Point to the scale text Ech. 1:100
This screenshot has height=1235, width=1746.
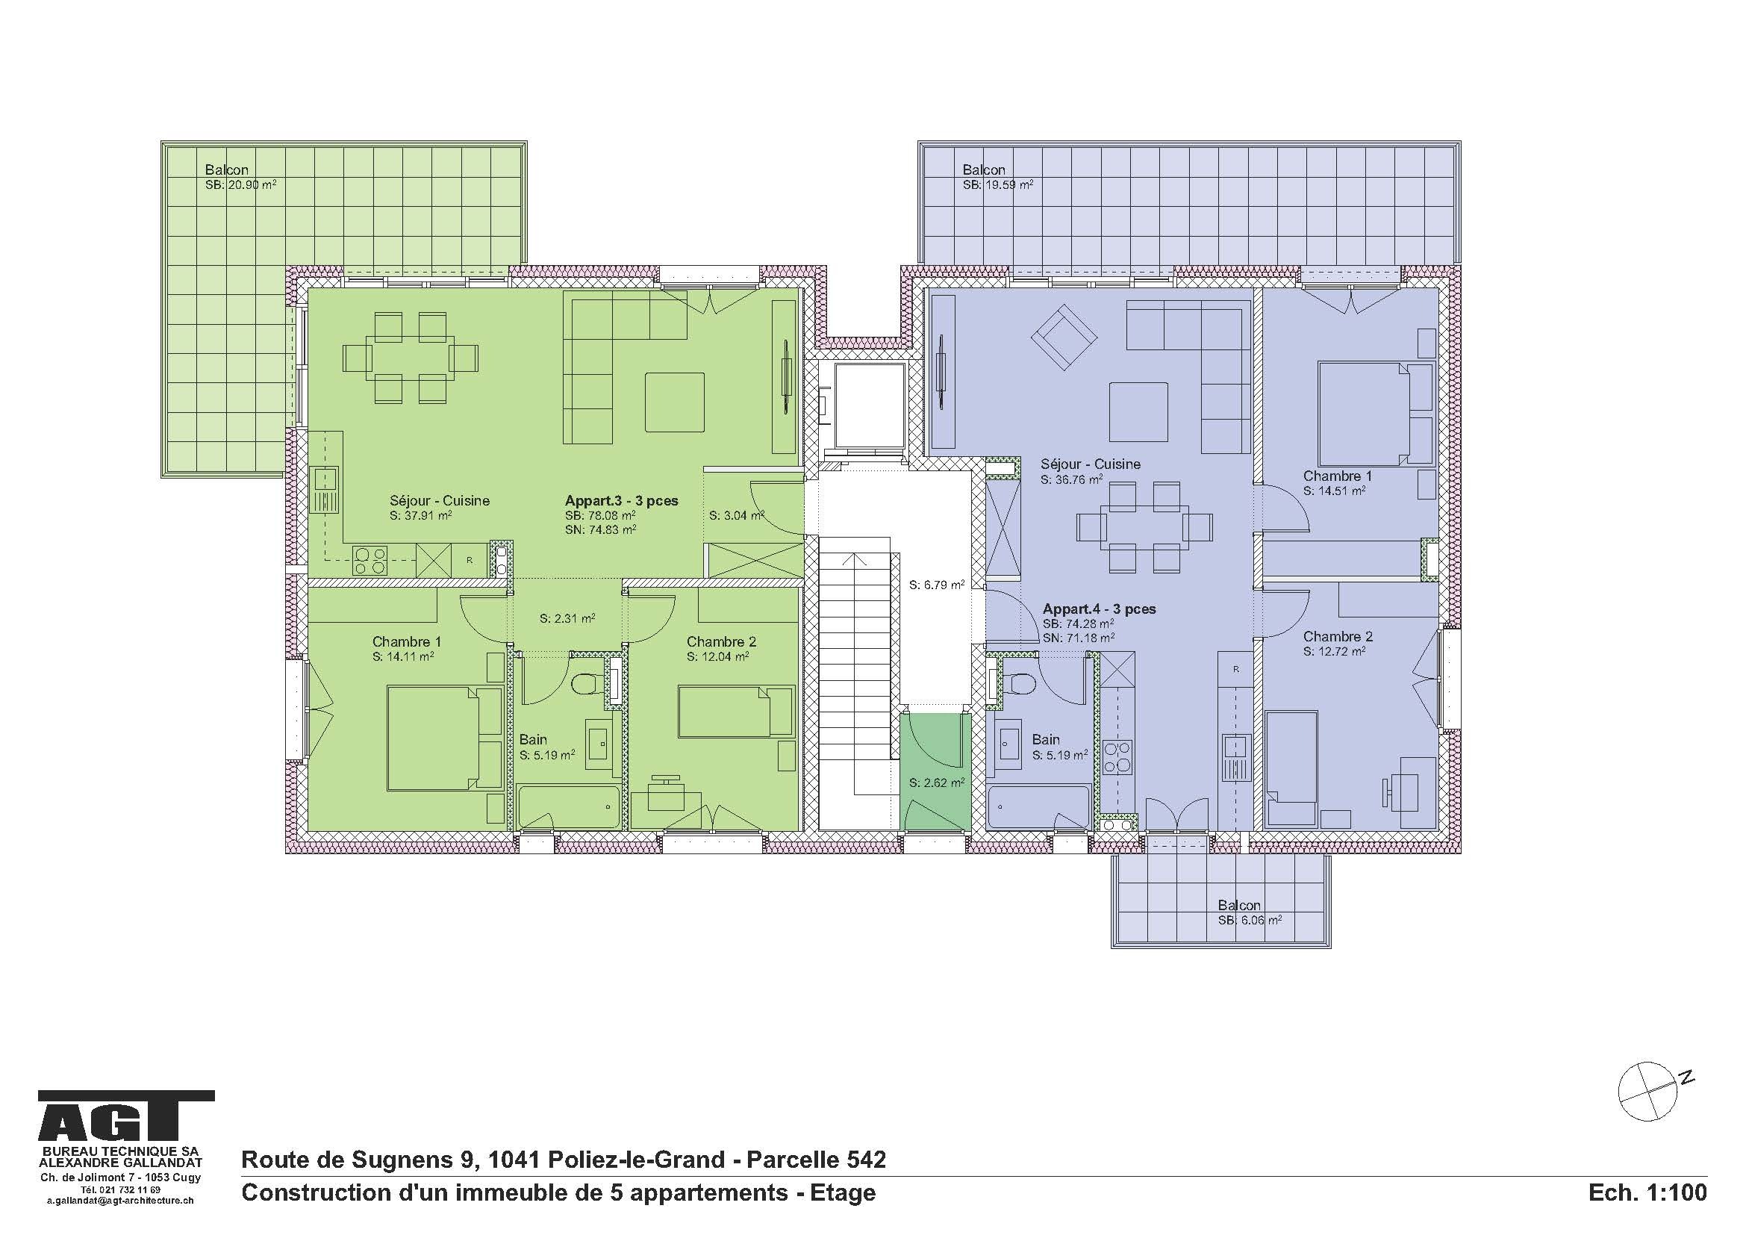click(1647, 1192)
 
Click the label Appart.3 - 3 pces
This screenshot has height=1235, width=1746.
click(621, 500)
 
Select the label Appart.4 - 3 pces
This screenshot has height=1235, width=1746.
click(1099, 609)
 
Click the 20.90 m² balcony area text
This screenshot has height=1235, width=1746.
click(240, 184)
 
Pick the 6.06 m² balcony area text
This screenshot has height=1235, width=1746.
click(1250, 919)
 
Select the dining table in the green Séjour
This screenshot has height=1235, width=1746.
click(411, 358)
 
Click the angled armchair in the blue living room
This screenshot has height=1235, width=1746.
click(1064, 335)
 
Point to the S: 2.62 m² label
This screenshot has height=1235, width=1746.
click(937, 782)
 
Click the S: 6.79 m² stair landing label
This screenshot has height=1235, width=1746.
click(937, 585)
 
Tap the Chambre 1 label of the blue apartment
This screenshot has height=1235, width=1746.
click(1338, 476)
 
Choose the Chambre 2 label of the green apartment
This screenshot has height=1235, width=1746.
click(721, 642)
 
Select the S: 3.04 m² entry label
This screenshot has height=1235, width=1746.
click(736, 516)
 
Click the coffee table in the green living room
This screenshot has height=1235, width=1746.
click(675, 402)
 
